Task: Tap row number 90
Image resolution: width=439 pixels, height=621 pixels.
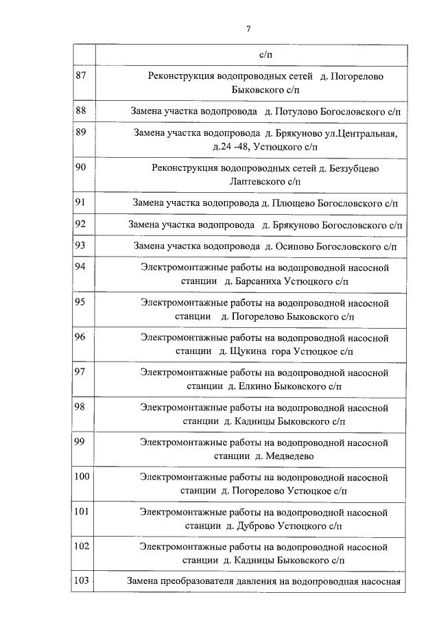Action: [81, 167]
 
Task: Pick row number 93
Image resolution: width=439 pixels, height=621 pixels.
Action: [81, 244]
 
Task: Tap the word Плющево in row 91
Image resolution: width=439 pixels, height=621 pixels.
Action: [298, 203]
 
